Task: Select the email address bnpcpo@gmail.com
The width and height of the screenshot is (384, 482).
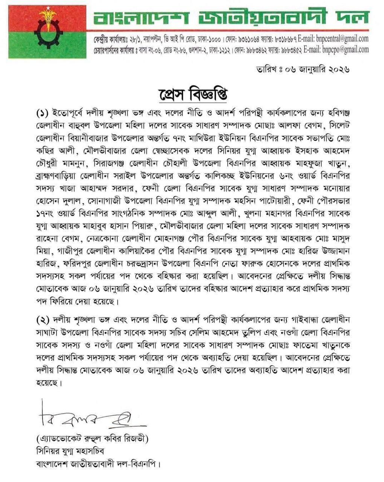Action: click(x=346, y=49)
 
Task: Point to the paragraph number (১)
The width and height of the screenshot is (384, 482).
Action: click(x=43, y=113)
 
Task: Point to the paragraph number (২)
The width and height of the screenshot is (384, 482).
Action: click(x=43, y=320)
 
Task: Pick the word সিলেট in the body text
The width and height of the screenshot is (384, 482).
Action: click(x=338, y=124)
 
